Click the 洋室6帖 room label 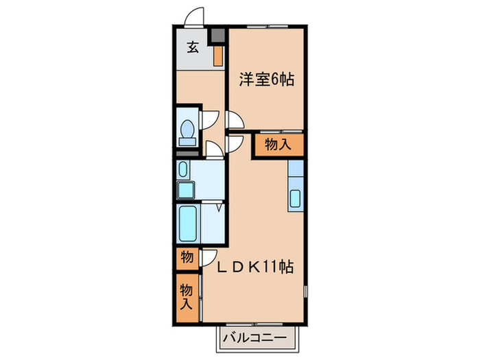pos(267,80)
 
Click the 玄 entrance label pos(194,47)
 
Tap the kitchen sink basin pos(296,199)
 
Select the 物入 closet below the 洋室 pos(278,145)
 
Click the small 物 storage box pos(187,258)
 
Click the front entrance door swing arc pos(195,17)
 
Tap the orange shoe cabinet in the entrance pos(217,55)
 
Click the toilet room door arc pos(208,121)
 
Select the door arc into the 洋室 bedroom pos(235,121)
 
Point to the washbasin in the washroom pos(182,168)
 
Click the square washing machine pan pos(186,189)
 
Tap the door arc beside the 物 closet pos(206,258)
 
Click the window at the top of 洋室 pos(266,26)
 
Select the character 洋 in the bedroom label pos(245,80)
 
